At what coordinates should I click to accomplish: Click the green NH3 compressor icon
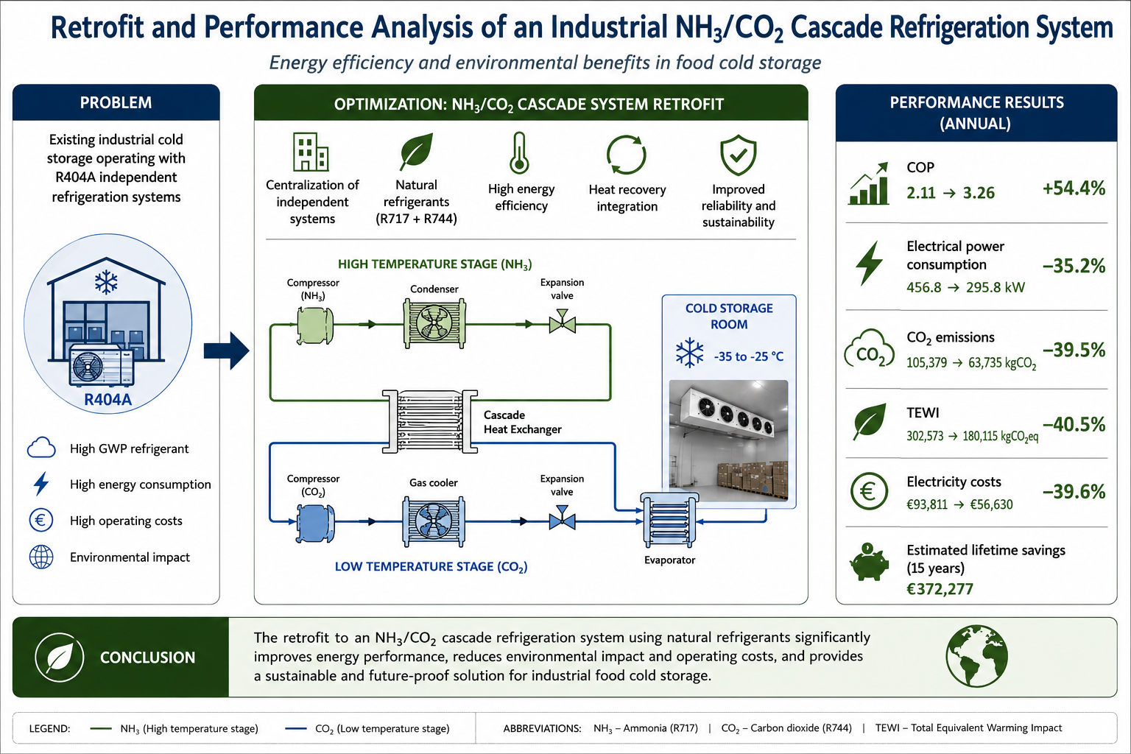point(315,325)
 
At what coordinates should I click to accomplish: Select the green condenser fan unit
point(434,323)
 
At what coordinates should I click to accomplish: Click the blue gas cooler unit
point(434,522)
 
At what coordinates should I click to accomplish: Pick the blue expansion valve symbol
point(562,518)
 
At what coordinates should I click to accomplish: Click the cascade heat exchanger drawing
point(430,421)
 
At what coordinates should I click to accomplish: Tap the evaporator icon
point(669,521)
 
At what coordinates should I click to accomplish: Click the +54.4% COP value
point(1074,188)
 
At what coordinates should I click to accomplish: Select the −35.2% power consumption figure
point(1074,266)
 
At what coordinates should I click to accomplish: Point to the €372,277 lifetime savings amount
point(940,589)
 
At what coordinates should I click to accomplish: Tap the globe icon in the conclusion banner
point(976,656)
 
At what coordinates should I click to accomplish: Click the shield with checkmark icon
point(739,155)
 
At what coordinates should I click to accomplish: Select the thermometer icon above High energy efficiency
point(519,153)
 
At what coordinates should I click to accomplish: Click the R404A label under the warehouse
point(108,400)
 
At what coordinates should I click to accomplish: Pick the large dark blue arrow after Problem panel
point(226,350)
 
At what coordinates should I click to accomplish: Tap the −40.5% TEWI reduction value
point(1074,425)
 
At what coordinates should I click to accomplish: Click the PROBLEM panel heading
point(116,102)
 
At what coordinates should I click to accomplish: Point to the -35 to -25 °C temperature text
point(749,356)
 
